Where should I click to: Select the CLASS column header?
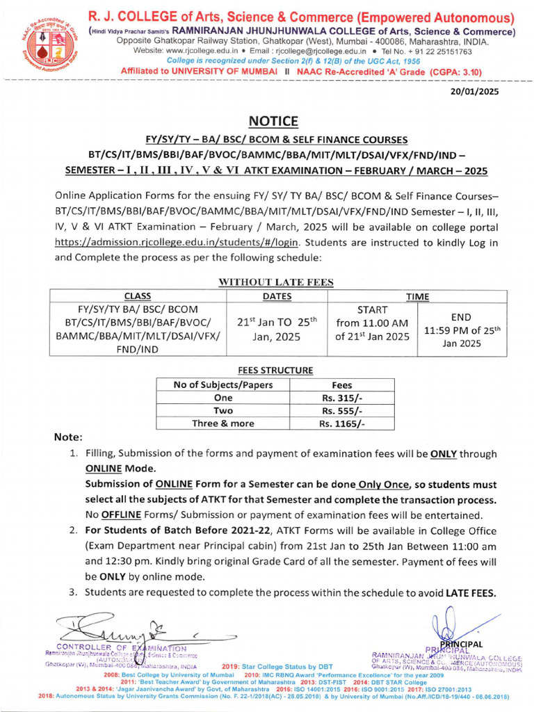138,296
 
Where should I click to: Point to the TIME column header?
418,296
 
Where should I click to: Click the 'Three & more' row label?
223,423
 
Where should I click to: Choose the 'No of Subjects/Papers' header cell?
223,385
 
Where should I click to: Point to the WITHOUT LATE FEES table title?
277,282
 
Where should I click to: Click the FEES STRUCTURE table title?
275,371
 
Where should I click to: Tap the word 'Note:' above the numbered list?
68,437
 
